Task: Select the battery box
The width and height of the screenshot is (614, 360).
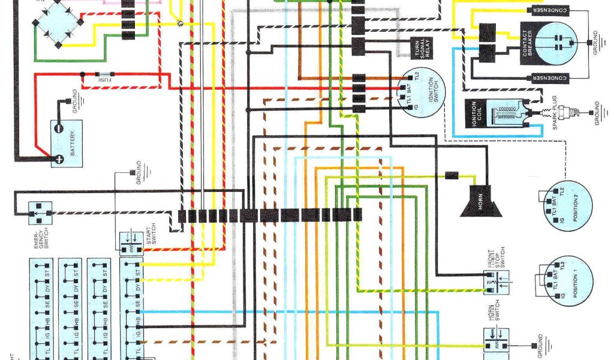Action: click(67, 143)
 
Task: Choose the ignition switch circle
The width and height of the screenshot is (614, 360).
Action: click(422, 93)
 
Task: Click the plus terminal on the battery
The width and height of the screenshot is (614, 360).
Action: click(59, 159)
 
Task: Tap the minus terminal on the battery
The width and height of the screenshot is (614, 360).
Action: click(59, 128)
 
